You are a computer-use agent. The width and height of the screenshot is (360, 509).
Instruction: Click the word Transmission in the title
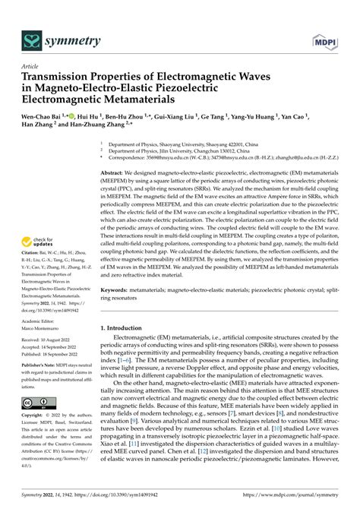[x=57, y=77]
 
